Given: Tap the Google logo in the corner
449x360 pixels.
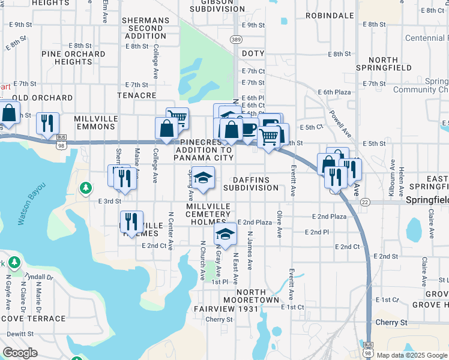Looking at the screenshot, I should coord(20,353).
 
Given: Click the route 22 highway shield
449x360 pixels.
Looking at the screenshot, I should coord(364,202).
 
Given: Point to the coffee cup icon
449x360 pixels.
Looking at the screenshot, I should coord(249,128).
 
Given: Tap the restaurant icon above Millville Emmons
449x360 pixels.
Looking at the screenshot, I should coord(47,123).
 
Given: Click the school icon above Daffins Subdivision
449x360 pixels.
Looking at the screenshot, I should coord(203,178).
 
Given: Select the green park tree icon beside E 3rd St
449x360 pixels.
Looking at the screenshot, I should coord(86,188).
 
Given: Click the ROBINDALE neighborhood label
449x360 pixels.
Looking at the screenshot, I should coord(329,16).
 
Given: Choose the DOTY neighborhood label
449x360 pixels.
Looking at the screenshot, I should coord(253,54).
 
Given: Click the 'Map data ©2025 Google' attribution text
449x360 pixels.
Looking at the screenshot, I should coord(412,355).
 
